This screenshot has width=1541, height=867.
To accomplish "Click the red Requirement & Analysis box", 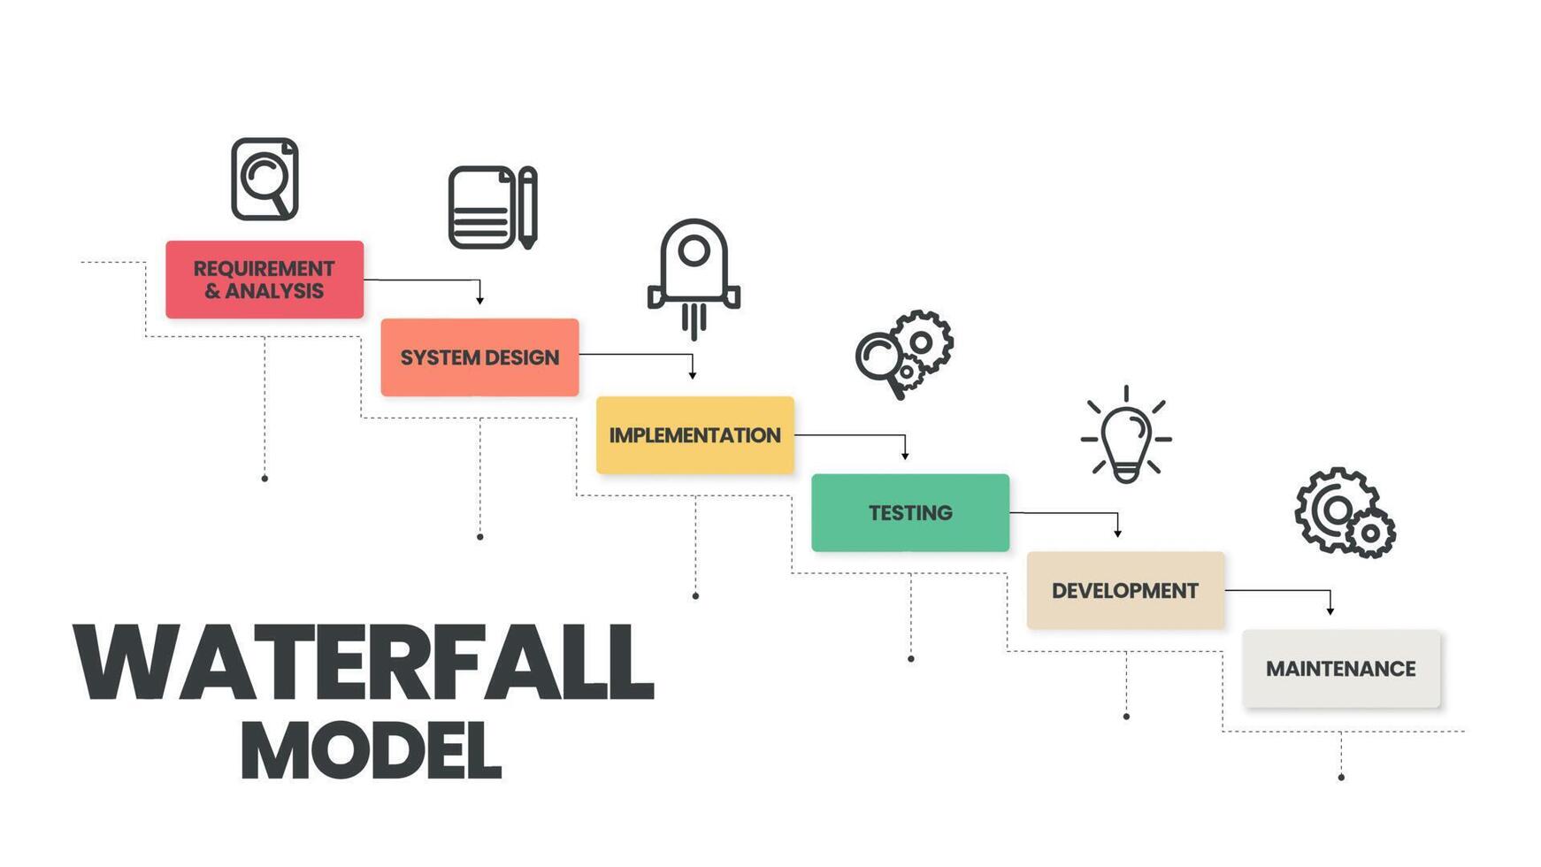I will click(x=264, y=280).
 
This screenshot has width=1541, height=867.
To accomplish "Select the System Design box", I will click(x=479, y=357).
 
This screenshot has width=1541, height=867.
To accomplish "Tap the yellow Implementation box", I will click(x=694, y=435).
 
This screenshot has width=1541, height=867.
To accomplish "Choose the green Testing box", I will click(x=910, y=513).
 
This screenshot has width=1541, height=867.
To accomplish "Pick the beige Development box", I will click(x=1125, y=591).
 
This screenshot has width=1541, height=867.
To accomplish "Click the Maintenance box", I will click(x=1340, y=669).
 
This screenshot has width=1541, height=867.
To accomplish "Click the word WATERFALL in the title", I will click(x=363, y=663).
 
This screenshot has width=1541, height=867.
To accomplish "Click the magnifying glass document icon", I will click(x=264, y=179).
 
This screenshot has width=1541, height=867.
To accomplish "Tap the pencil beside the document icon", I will click(x=527, y=207).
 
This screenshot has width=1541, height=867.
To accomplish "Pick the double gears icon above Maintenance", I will click(x=1344, y=512).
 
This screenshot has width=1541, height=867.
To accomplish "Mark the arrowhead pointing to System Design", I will click(x=479, y=300).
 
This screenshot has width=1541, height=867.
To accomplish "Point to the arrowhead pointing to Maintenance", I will click(x=1330, y=610).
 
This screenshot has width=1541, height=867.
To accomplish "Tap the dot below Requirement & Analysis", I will click(x=264, y=479).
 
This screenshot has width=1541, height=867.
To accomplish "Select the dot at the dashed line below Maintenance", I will click(x=1341, y=778).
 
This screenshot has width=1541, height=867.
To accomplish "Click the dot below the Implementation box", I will click(x=695, y=596).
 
